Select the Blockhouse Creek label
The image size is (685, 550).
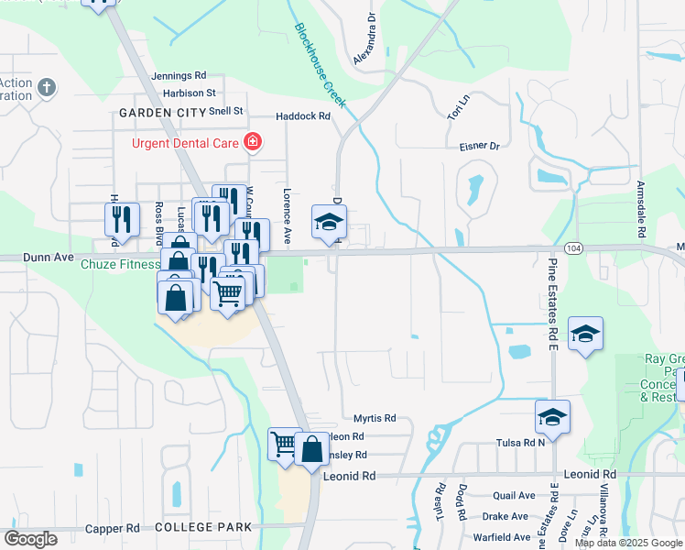320,65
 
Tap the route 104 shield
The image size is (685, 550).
573,248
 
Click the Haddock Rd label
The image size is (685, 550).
303,116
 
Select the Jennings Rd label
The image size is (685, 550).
179,76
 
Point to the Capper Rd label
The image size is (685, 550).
112,529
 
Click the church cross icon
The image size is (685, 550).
47,88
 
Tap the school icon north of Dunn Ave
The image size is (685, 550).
329,220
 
